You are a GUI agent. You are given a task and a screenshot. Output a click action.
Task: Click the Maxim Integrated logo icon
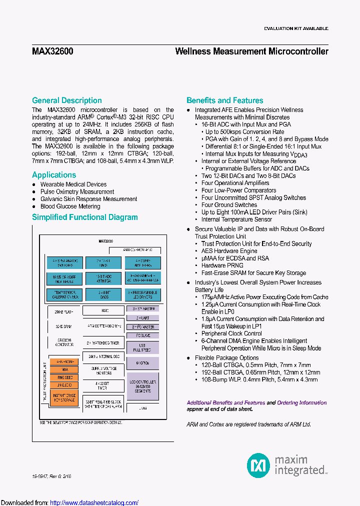pos(258,465)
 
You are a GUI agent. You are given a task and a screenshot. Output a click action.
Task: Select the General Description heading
pos(67,100)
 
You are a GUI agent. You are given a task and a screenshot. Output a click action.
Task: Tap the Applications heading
pos(54,175)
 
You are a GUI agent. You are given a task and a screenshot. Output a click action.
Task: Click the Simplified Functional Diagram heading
pos(85,217)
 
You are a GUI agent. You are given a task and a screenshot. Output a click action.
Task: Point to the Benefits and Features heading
pos(225,100)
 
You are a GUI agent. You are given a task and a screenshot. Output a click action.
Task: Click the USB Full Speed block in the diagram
pos(142,346)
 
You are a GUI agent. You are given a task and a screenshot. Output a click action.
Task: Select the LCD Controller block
pos(142,385)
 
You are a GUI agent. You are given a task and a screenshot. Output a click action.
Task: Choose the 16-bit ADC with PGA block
pos(102,278)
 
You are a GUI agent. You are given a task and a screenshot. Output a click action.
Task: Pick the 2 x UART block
pos(142,318)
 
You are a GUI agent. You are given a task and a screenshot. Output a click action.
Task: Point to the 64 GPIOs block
pos(142,362)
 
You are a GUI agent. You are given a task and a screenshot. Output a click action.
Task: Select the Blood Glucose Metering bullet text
pos(70,206)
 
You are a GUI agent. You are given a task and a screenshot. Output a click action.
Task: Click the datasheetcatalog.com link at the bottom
pos(94,502)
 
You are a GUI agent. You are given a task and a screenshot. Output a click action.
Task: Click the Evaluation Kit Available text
pos(296,28)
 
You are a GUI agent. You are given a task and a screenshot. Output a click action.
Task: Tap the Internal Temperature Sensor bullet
pos(236,219)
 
